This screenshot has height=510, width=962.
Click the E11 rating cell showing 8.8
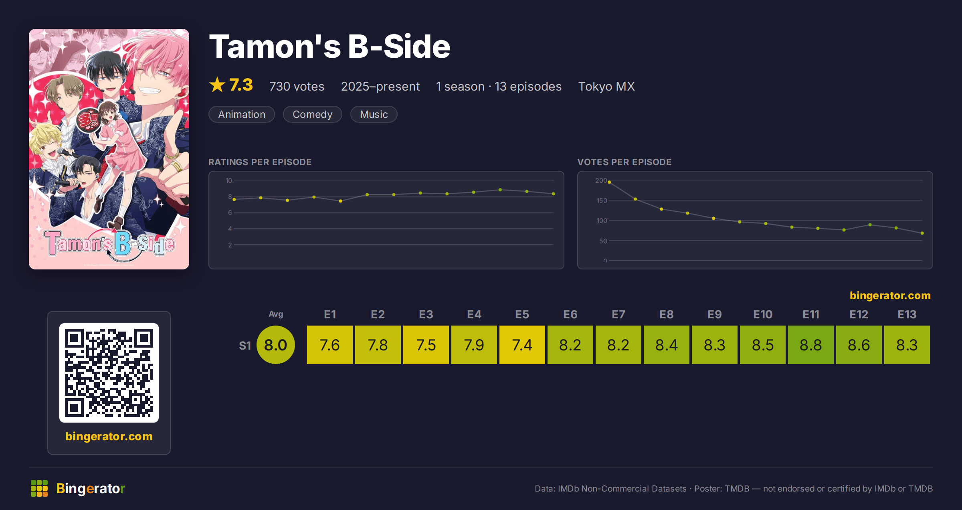[810, 345]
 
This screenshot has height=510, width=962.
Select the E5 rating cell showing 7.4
[522, 345]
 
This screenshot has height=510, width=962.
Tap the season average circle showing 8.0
[276, 345]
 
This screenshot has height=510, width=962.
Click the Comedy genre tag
[313, 114]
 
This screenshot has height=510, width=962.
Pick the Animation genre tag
[242, 114]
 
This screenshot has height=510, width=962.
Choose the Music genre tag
[374, 114]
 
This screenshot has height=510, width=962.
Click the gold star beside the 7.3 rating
[217, 85]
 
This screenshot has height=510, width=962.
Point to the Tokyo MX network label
[606, 86]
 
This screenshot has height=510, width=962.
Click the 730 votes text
[297, 86]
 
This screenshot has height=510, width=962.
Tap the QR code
[109, 373]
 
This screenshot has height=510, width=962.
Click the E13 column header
[907, 314]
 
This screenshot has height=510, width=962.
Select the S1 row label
[245, 346]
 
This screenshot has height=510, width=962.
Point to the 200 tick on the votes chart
[601, 180]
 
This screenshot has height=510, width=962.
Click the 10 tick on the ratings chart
[228, 180]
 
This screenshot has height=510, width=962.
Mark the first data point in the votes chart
[609, 182]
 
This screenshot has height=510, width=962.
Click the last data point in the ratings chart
[554, 194]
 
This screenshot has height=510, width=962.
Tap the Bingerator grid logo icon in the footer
[39, 488]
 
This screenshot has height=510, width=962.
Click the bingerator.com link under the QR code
[109, 436]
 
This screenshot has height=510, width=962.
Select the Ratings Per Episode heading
[260, 162]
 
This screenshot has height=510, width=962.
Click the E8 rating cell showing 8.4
[666, 345]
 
